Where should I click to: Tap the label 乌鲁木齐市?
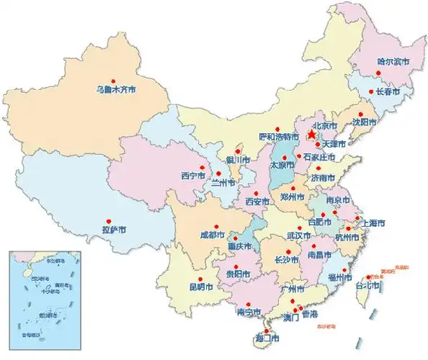point(116,90)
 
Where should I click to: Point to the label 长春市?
point(390,92)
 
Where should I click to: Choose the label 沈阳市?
point(364,122)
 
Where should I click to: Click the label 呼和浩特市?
point(278,136)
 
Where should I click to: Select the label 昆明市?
point(201,287)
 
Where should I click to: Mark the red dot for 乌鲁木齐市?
point(112,80)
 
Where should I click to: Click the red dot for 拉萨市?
point(108,220)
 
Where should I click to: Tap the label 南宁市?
point(247,312)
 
